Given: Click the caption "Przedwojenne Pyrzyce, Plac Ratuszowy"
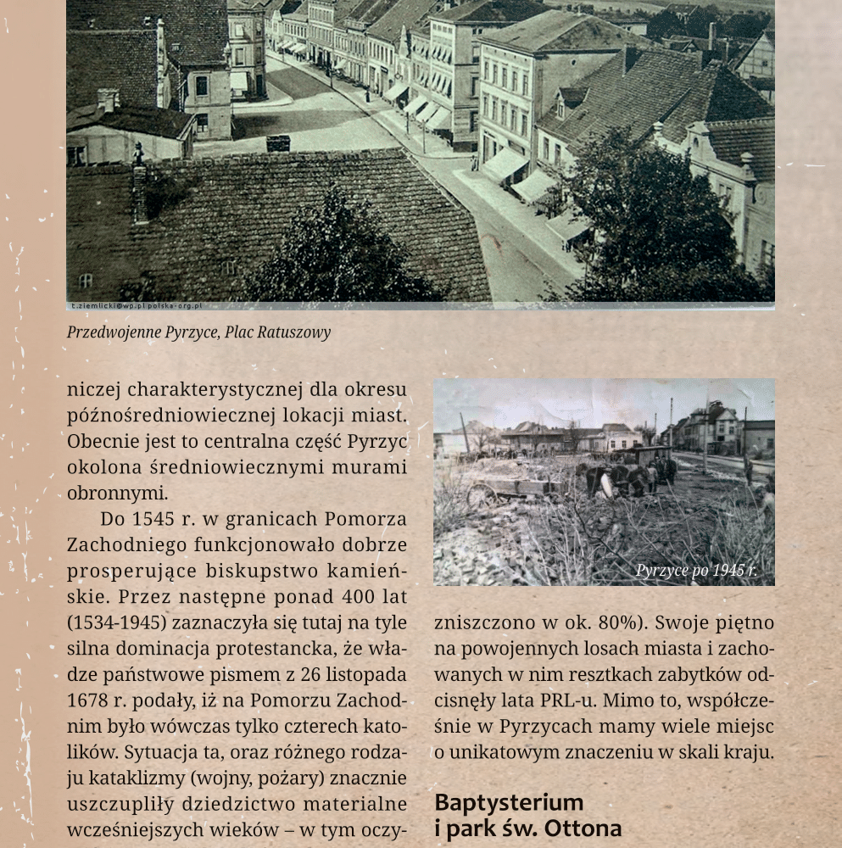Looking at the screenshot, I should click(x=198, y=332).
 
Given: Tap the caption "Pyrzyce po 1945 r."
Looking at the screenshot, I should click(x=695, y=571).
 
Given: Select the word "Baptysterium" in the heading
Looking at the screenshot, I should click(x=509, y=802).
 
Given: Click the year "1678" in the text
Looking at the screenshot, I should click(x=87, y=701).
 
